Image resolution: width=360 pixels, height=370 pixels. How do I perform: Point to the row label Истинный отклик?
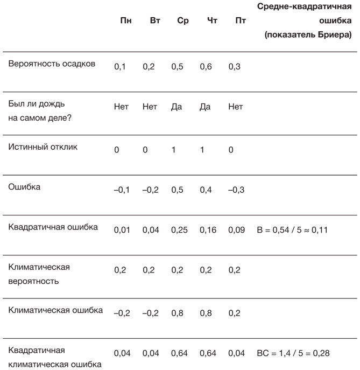coord(43,146)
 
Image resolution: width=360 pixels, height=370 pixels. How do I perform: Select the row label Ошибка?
coord(25,187)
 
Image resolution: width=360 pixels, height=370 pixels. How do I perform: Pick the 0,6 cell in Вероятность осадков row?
coord(206,67)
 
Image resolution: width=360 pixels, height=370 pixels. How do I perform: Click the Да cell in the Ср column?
coord(177,107)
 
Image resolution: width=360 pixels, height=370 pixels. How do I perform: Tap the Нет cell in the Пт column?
coord(236,107)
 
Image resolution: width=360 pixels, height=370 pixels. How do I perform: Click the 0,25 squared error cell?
coord(179,230)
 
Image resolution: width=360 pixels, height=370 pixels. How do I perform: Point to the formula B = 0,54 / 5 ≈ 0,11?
coord(293,230)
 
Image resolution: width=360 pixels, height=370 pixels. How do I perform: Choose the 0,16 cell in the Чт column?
coord(208,230)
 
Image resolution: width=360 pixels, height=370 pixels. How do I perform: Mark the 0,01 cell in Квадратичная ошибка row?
coord(122,230)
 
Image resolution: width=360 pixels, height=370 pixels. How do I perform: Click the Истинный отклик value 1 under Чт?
coord(202,150)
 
